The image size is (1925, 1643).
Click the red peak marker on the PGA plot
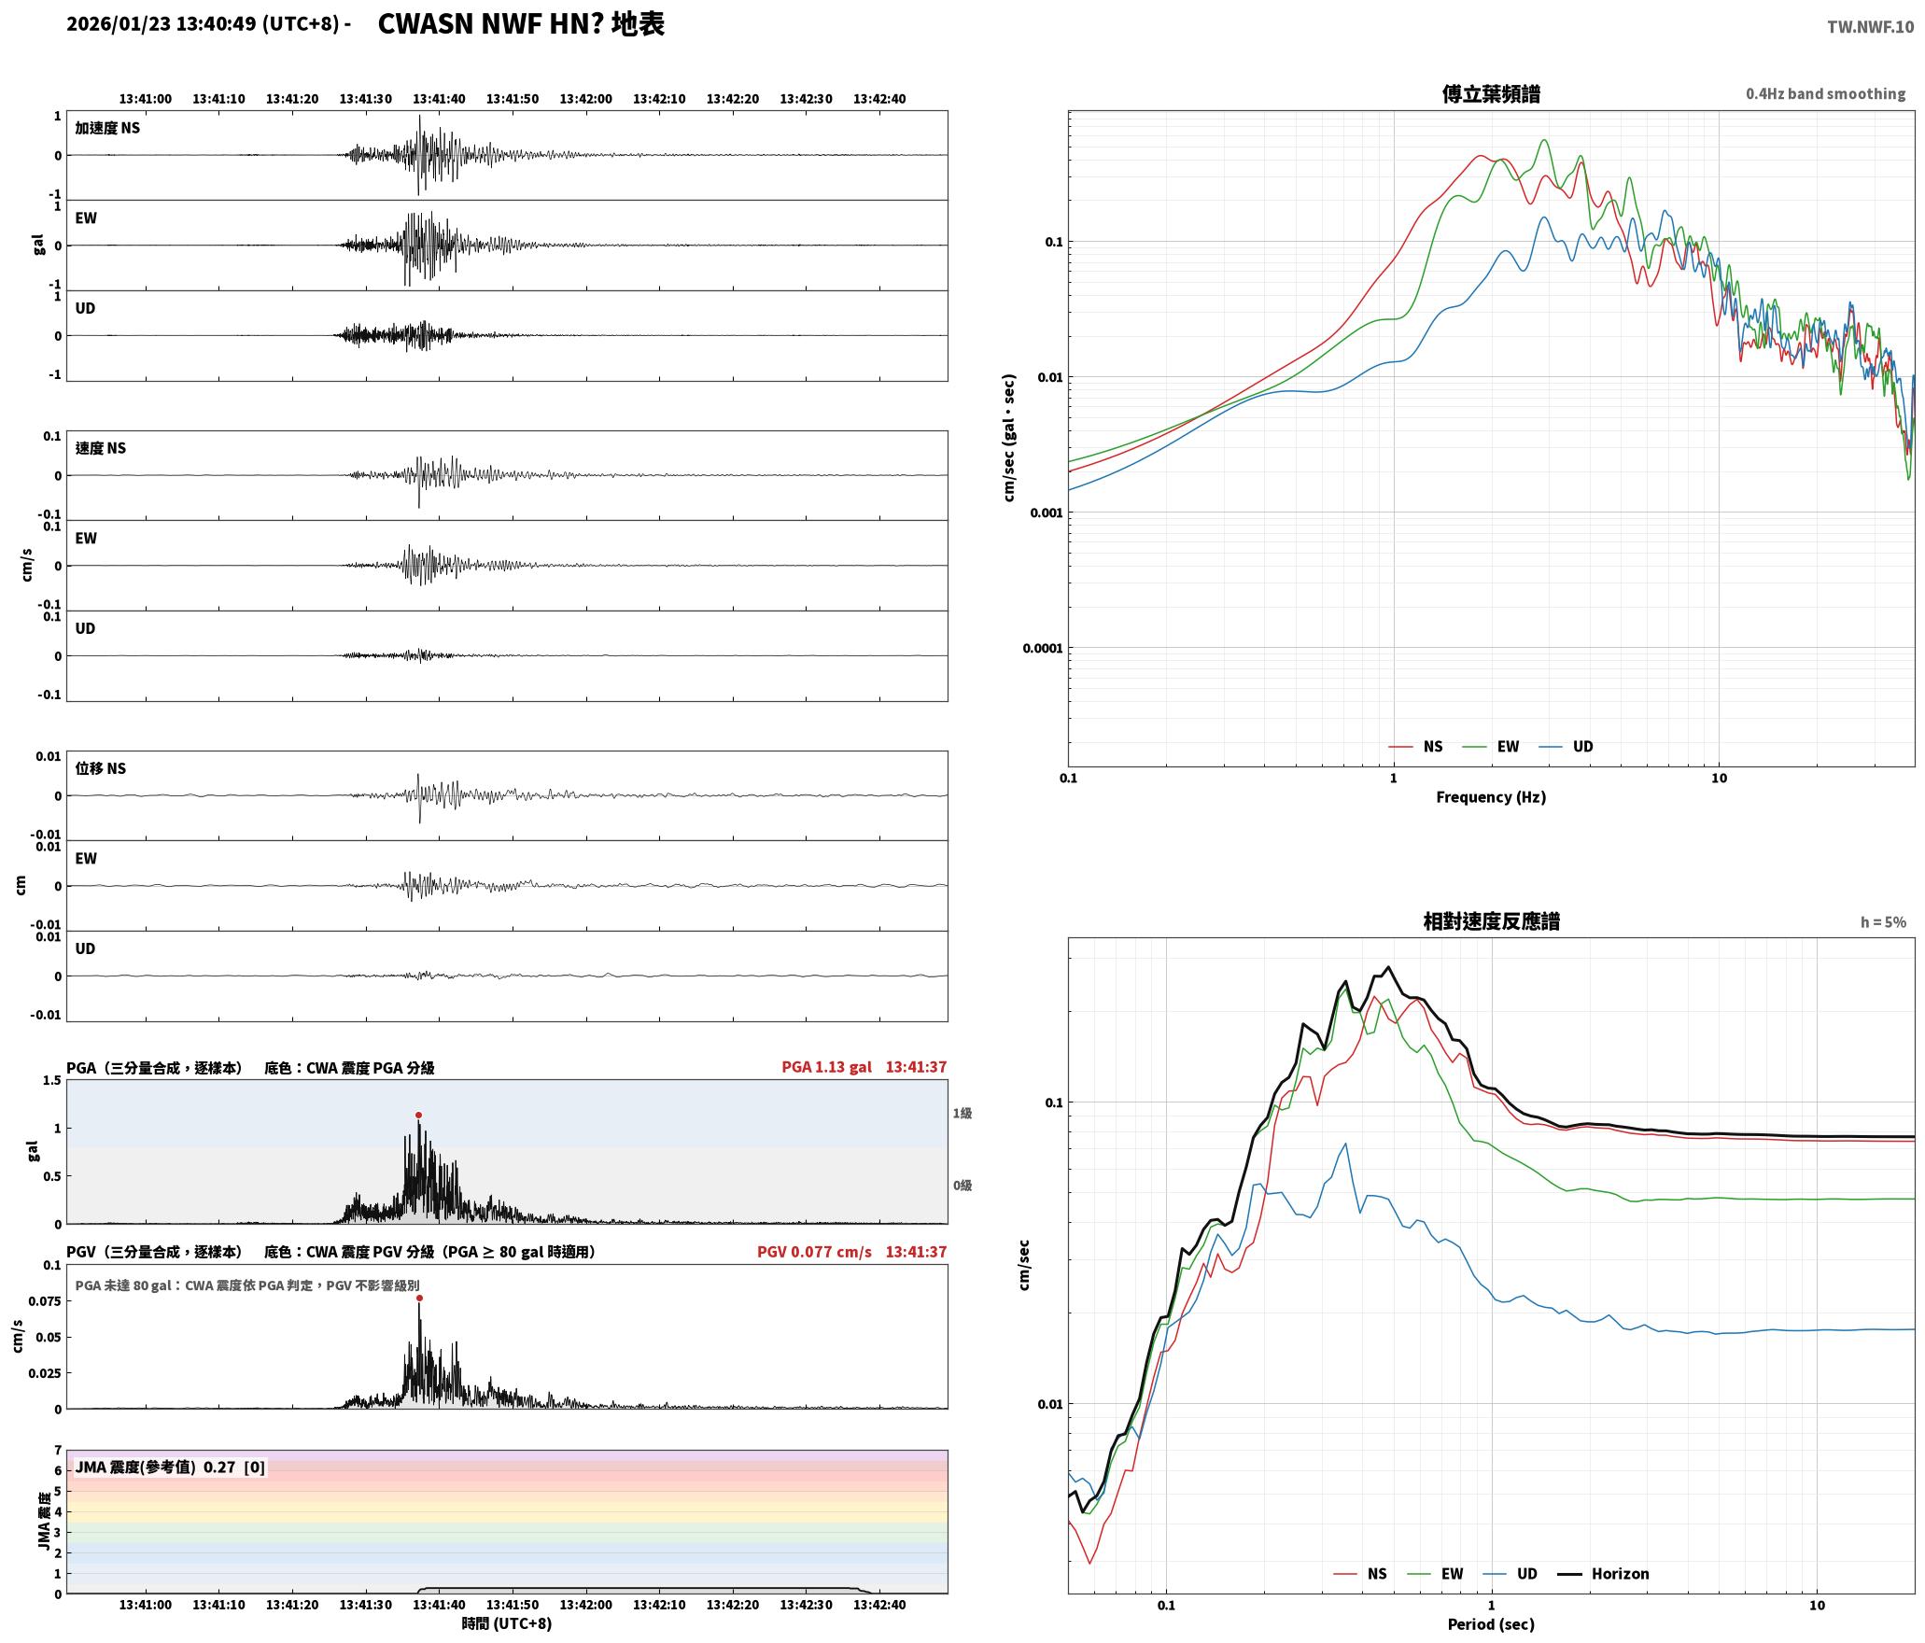pos(418,1115)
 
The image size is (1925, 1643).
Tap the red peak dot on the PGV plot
pos(419,1298)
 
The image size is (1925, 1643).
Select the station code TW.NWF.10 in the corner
pos(1870,27)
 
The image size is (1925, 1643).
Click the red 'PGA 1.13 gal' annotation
pos(827,1067)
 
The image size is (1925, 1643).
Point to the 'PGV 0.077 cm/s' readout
pos(814,1252)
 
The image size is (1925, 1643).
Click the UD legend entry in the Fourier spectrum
pos(1567,747)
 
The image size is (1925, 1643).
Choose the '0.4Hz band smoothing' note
pos(1825,94)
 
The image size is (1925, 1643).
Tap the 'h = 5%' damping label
pos(1883,922)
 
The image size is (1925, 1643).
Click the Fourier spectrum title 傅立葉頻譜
pos(1491,94)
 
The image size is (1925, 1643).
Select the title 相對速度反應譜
pos(1491,921)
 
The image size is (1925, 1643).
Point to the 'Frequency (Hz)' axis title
pos(1491,797)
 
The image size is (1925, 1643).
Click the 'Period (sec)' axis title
pos(1491,1624)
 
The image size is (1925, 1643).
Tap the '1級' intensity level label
pos(962,1113)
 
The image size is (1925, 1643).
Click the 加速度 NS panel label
pos(107,128)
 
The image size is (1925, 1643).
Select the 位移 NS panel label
pos(101,768)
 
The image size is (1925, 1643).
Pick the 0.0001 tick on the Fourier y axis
pos(1043,649)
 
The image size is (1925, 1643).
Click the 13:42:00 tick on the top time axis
pos(586,99)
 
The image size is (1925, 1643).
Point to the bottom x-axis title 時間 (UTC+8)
pos(507,1624)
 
